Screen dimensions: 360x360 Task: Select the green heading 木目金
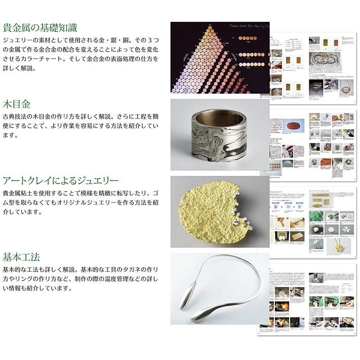[x=16, y=104]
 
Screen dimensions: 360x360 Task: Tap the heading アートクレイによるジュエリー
[x=60, y=181]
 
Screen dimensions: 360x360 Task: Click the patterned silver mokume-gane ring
[x=219, y=134]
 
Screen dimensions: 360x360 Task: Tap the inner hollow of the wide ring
[x=218, y=113]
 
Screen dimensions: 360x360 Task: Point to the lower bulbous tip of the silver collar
[x=196, y=317]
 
